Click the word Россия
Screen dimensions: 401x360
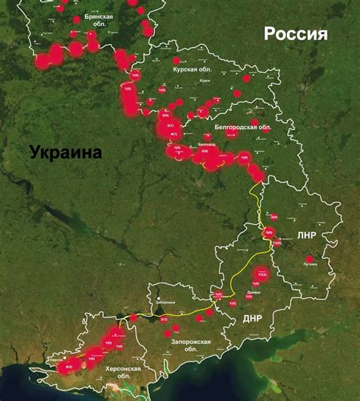[295, 34]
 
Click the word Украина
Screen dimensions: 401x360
[66, 152]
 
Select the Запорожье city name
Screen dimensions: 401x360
[165, 302]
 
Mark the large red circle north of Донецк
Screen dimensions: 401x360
[261, 273]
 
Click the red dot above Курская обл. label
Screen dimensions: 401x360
[176, 60]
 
